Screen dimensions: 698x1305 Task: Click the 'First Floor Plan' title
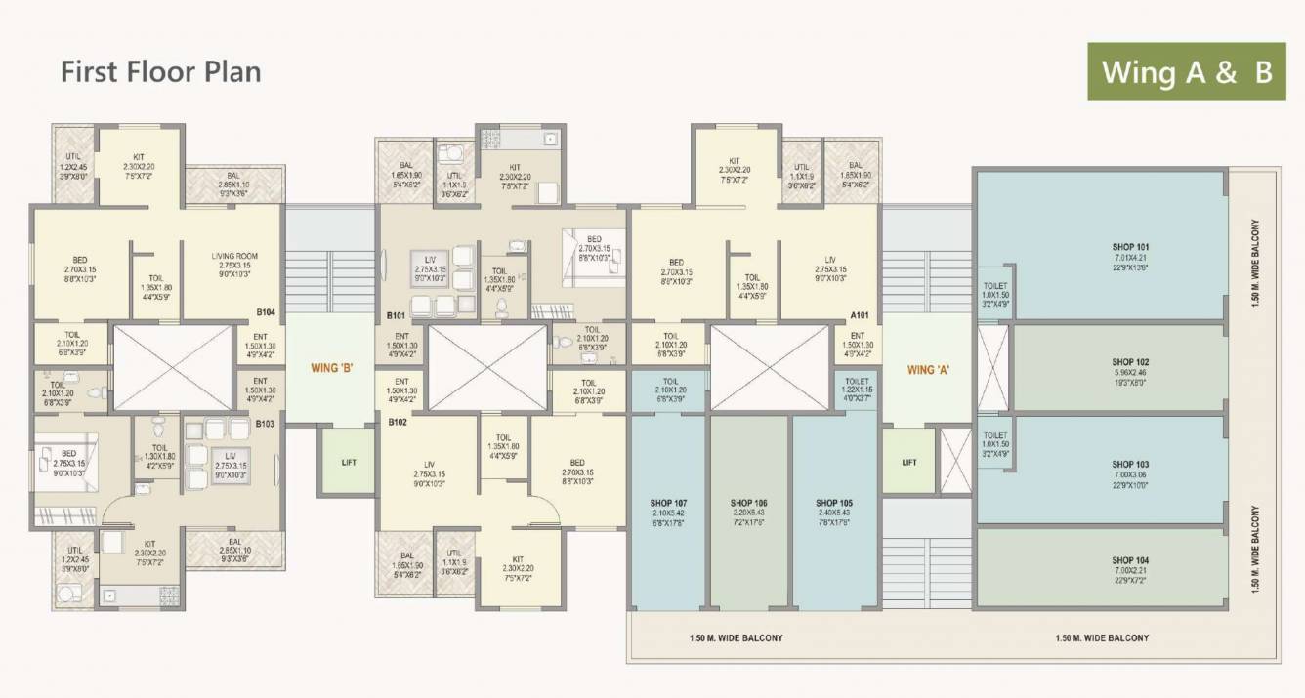[x=161, y=72]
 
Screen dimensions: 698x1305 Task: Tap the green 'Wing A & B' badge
[x=1187, y=71]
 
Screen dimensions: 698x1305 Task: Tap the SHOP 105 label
[x=834, y=503]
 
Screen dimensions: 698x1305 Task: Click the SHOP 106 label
[x=749, y=503]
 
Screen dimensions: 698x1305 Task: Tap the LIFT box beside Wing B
[x=350, y=462]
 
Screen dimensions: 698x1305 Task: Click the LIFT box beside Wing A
[x=909, y=462]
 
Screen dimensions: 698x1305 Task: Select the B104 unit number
[x=267, y=312]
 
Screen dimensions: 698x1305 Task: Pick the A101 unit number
[x=860, y=315]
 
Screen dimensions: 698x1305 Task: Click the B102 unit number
[x=397, y=423]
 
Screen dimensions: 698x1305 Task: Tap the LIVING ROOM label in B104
[x=232, y=257]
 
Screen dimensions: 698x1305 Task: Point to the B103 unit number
[x=267, y=424]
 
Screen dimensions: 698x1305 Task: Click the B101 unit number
[x=396, y=315]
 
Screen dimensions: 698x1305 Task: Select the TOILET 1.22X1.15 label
[x=857, y=382]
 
